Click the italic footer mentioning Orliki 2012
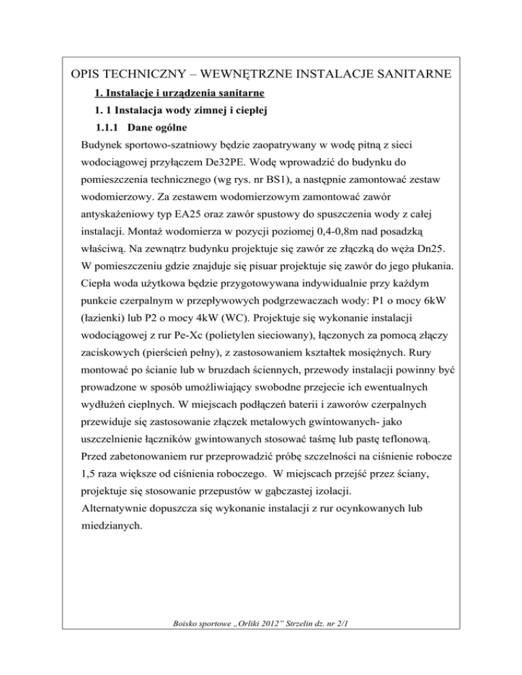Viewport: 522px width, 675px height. (x=261, y=650)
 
